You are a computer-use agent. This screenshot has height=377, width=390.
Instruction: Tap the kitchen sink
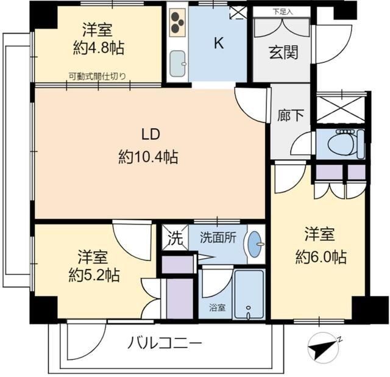click(178, 63)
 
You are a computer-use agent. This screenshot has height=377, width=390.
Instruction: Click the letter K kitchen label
click(218, 43)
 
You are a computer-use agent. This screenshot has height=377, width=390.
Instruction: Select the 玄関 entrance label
click(283, 53)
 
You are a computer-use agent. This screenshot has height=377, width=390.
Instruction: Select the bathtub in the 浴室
click(249, 294)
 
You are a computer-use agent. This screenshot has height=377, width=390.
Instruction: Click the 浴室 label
click(218, 308)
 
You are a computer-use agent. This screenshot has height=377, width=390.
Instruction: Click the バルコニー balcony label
click(165, 343)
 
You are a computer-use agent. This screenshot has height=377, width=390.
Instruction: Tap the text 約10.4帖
click(148, 157)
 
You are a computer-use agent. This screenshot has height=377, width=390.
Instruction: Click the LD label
click(151, 135)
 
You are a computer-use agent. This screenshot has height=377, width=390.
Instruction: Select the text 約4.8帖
click(99, 47)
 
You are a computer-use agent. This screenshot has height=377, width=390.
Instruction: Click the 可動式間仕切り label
click(97, 76)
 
